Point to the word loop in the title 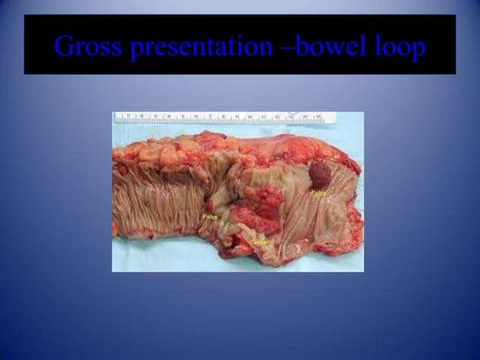point(399,48)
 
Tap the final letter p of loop point(417,51)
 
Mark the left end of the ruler point(117,117)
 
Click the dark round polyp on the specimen point(320,176)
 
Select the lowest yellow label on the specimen point(261,243)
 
